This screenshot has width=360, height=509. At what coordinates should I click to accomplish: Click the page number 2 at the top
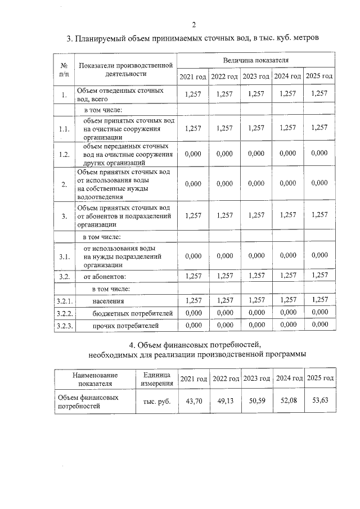[x=193, y=24]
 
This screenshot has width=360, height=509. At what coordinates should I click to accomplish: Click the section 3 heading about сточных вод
[x=193, y=39]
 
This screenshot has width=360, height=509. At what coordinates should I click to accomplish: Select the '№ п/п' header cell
[x=64, y=69]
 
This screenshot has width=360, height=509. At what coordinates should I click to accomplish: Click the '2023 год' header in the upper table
[x=256, y=76]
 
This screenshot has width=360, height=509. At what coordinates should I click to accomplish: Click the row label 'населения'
[x=109, y=301]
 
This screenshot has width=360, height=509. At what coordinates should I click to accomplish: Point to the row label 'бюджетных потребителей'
[x=124, y=313]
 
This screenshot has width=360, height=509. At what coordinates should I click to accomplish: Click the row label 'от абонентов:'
[x=105, y=276]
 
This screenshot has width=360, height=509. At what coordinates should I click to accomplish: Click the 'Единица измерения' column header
[x=157, y=379]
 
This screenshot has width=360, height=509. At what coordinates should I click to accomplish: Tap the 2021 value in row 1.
[x=193, y=94]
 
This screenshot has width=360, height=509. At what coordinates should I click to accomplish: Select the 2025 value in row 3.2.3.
[x=319, y=325]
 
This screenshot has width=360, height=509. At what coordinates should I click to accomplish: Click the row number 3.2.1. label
[x=65, y=301]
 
